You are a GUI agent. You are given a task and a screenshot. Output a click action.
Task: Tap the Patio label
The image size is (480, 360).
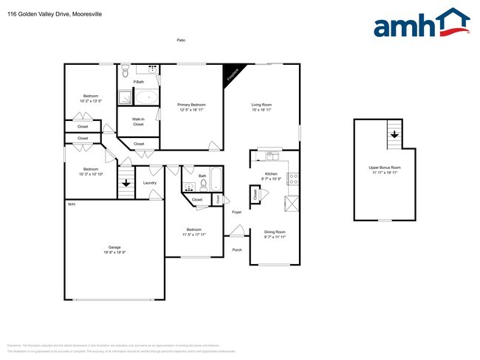[x=181, y=40]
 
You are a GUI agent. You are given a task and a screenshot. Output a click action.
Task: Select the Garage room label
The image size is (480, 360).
[x=114, y=247]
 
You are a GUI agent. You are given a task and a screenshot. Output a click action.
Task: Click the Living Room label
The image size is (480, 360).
[x=262, y=105]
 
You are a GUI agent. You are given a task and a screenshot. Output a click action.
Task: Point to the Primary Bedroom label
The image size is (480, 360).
[x=191, y=105]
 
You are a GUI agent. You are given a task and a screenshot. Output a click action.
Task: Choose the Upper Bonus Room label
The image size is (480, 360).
[x=384, y=167]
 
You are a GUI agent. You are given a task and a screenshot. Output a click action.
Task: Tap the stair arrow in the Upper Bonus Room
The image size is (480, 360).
[x=395, y=134]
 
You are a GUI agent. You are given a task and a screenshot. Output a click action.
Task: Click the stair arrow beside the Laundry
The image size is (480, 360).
[x=126, y=183]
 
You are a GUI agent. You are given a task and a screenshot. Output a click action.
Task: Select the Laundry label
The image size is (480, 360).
[x=149, y=182]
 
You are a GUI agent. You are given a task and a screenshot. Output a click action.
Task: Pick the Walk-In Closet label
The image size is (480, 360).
[x=138, y=122]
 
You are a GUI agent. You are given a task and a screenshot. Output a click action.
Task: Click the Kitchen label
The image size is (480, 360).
[x=271, y=174]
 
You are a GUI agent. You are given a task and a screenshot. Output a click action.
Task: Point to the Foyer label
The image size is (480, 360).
[x=237, y=212]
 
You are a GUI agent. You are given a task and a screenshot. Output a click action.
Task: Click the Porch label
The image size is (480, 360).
[x=237, y=249]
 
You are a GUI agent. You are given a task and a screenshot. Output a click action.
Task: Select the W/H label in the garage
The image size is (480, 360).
[x=72, y=204]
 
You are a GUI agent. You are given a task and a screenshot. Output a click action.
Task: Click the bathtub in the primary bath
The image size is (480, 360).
[x=145, y=97]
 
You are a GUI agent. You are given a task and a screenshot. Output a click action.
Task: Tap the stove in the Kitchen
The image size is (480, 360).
[x=292, y=177]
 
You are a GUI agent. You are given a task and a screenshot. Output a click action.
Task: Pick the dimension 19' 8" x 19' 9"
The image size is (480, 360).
[x=114, y=252]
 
